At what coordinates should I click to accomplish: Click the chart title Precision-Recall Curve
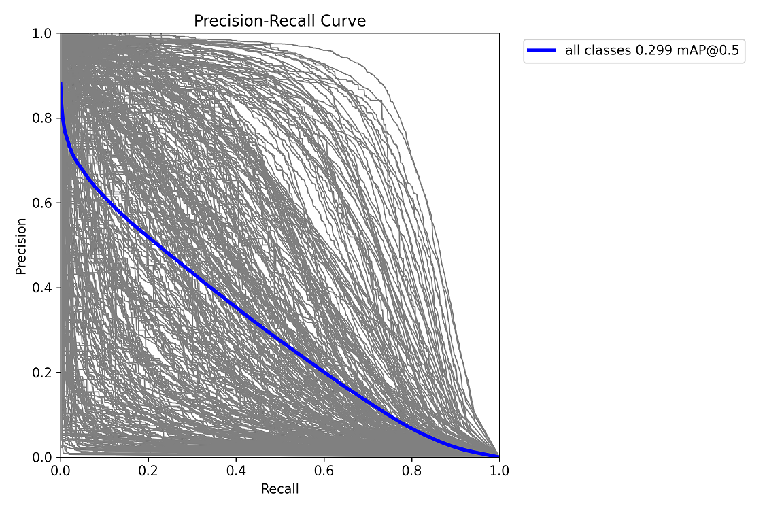[x=279, y=21]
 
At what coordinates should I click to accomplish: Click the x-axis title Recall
[x=279, y=489]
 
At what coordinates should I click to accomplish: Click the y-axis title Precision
[x=21, y=245]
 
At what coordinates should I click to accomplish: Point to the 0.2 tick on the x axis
[x=148, y=471]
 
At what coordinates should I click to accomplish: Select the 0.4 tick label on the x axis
[x=236, y=471]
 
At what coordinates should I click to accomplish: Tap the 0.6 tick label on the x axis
[x=324, y=471]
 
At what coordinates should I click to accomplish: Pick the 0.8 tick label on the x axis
[x=411, y=471]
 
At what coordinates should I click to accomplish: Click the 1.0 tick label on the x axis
[x=499, y=471]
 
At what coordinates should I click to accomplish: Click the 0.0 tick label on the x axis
[x=61, y=471]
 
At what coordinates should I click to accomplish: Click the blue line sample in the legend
[x=542, y=51]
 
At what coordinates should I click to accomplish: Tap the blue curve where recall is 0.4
[x=236, y=306]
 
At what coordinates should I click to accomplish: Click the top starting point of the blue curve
[x=61, y=84]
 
